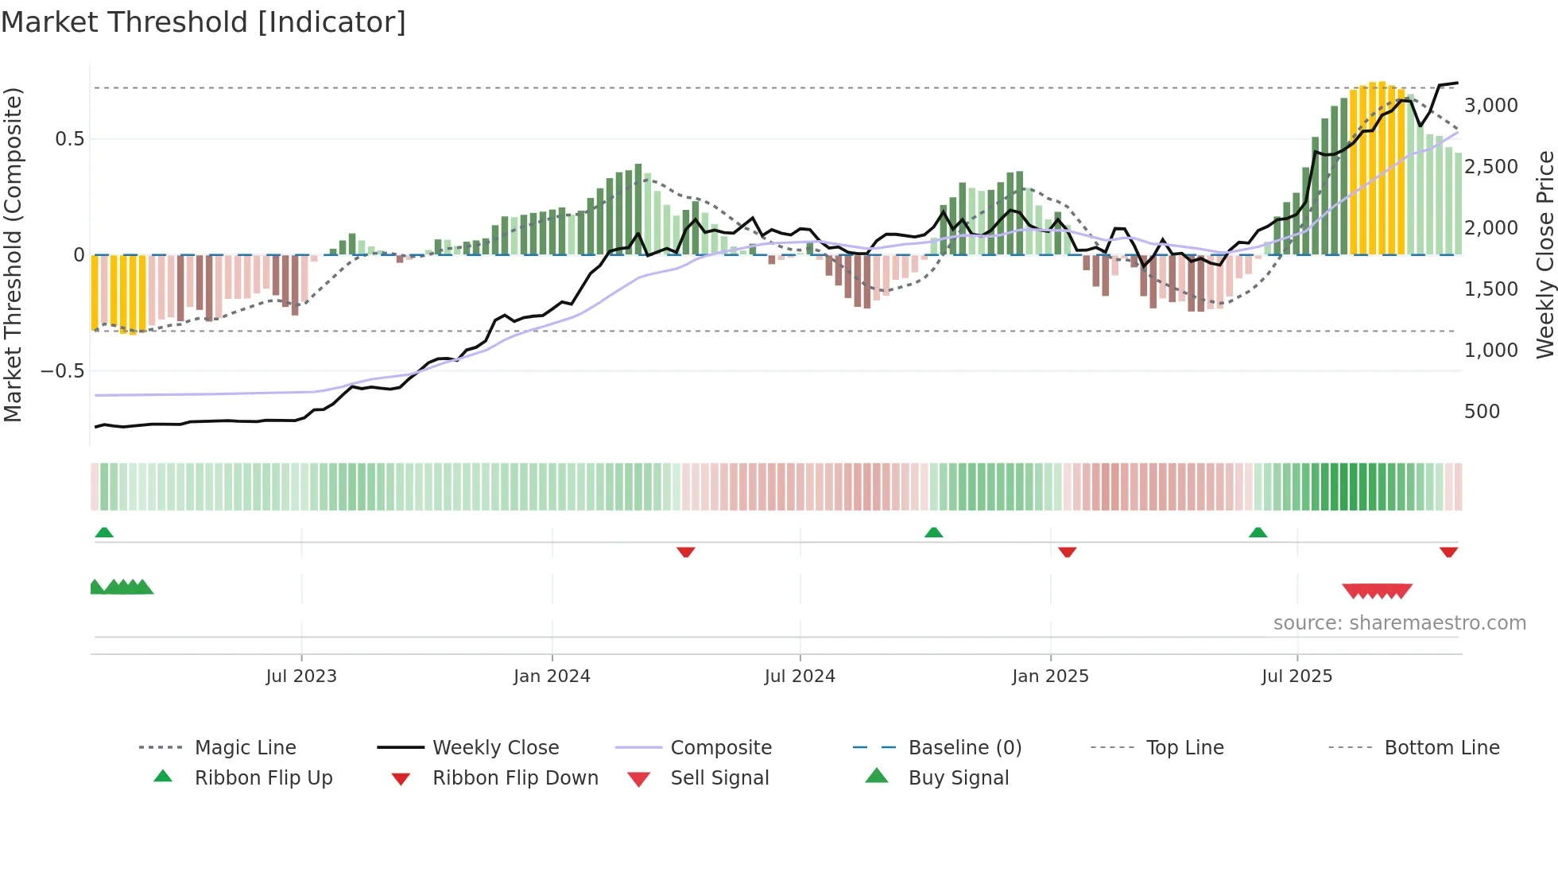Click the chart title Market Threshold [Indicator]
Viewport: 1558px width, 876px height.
pos(203,22)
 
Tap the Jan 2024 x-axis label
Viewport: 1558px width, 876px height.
pos(552,676)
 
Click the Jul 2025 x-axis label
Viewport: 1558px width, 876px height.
pos(1296,676)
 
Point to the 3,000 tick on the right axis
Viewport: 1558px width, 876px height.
pos(1490,106)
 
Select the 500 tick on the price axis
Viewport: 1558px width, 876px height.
pos(1482,412)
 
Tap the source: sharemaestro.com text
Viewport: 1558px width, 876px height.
pos(1399,623)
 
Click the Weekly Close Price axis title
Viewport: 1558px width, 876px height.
pos(1544,254)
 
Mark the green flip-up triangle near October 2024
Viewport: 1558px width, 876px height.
pos(934,533)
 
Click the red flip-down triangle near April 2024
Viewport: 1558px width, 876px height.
pos(686,552)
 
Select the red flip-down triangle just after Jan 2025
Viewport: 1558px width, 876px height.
pos(1068,552)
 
